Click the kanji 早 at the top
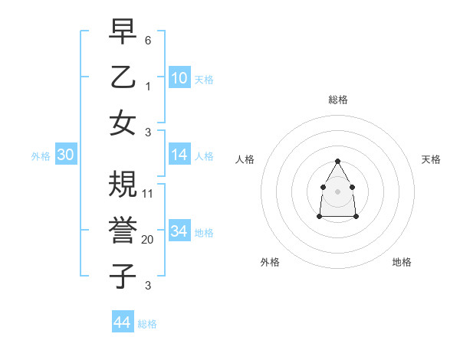[123, 33]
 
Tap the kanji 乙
[123, 77]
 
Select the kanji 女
[123, 123]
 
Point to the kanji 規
[123, 185]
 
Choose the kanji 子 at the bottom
[123, 277]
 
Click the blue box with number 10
[179, 77]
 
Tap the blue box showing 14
[179, 155]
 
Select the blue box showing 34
[179, 231]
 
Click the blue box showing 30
[65, 155]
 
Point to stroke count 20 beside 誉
[148, 240]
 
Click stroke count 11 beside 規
[148, 194]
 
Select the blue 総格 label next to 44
[147, 324]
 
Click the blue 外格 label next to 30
[41, 156]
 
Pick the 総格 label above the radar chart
[337, 100]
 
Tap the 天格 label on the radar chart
[431, 159]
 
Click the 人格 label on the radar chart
[245, 159]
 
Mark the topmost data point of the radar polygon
[337, 161]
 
